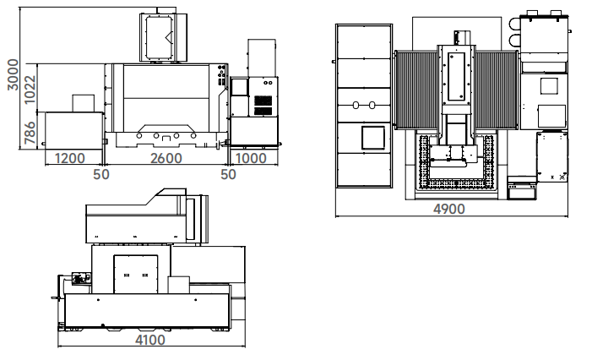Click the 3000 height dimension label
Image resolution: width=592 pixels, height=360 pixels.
(x=13, y=74)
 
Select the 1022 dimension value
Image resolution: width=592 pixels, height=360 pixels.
(x=30, y=90)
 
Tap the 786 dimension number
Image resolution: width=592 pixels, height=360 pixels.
(x=30, y=133)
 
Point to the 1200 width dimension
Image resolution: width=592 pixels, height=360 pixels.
(x=70, y=158)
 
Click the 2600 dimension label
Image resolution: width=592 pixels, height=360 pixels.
(x=166, y=158)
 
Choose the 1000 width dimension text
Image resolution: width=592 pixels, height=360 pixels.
(x=251, y=158)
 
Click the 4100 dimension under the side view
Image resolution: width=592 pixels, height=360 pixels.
(x=150, y=340)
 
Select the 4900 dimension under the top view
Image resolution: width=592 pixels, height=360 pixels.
(x=449, y=209)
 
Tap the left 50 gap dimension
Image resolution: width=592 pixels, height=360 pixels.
(x=101, y=174)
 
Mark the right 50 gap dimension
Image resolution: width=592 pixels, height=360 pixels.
(x=228, y=174)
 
